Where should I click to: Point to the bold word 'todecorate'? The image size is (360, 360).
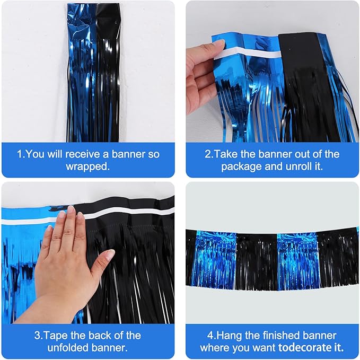304,348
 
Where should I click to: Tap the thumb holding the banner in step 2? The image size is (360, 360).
213,52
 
